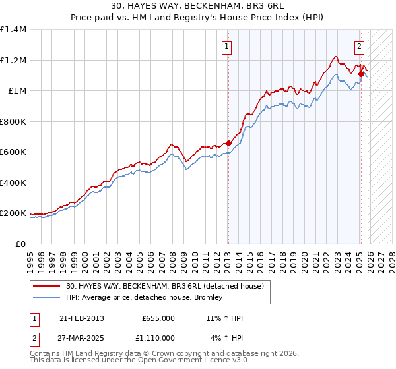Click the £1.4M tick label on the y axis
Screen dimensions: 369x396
coord(13,30)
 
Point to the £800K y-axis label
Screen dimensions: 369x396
coord(13,121)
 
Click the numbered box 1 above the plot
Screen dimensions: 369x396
coord(227,46)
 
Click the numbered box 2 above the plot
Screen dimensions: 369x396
coord(360,46)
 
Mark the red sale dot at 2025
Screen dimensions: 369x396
coord(361,74)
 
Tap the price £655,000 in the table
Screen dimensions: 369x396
coord(158,318)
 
